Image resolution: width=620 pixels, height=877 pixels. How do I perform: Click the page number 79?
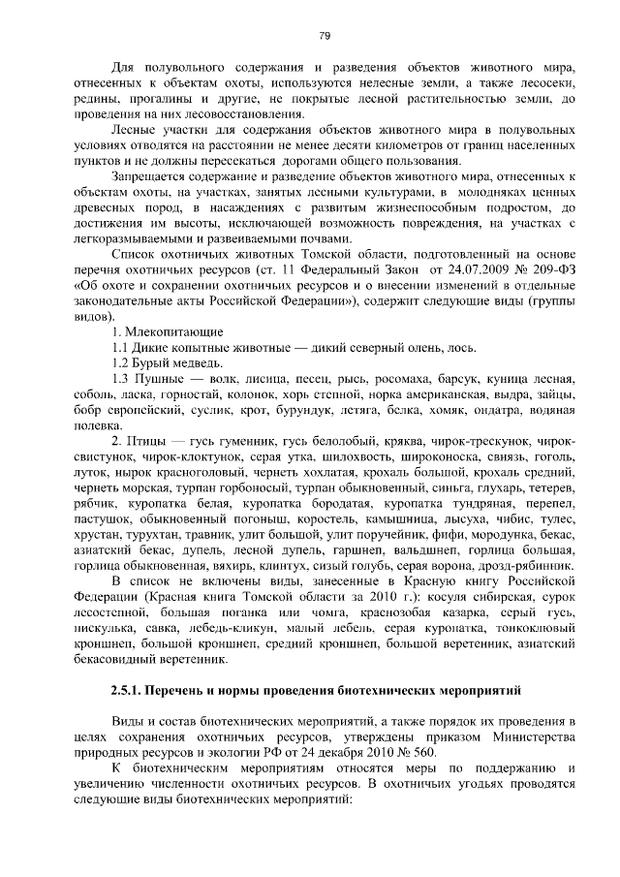(x=325, y=36)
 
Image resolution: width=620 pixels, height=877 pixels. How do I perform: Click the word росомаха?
(x=379, y=380)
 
